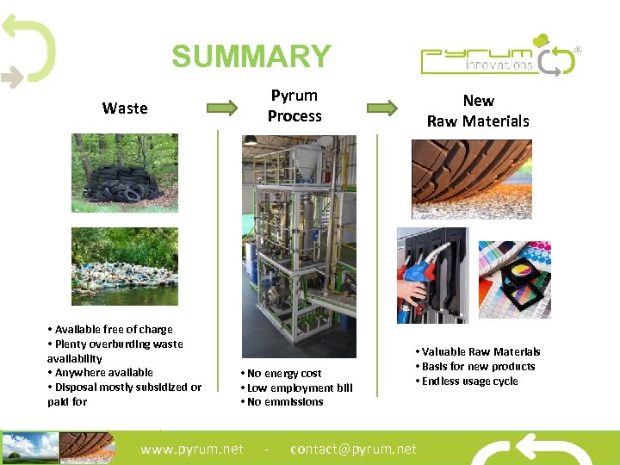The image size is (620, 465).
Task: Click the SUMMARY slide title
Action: click(x=251, y=57)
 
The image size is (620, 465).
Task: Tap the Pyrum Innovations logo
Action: click(x=499, y=56)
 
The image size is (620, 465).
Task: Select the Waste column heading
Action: click(x=125, y=108)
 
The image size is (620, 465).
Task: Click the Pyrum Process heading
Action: click(x=294, y=106)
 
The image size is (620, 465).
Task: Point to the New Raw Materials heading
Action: click(x=478, y=110)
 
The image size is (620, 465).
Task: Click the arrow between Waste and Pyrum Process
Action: click(x=221, y=108)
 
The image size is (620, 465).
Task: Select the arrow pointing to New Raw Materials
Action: click(x=382, y=108)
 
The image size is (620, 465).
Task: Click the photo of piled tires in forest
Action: click(x=124, y=172)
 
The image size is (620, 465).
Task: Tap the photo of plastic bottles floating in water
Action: click(x=124, y=266)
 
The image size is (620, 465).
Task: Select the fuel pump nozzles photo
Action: click(x=431, y=275)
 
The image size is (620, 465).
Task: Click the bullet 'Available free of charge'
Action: click(x=110, y=329)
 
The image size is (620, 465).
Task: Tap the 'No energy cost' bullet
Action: click(x=280, y=373)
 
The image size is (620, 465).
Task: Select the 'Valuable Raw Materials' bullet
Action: click(x=477, y=351)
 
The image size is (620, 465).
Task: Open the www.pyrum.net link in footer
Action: click(x=192, y=449)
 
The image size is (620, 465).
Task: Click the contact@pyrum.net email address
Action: click(x=353, y=449)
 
